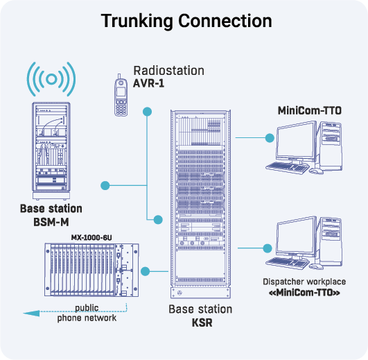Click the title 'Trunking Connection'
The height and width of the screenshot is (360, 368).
(186, 21)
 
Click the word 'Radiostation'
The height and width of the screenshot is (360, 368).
(168, 71)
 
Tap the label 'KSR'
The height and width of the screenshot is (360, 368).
(201, 323)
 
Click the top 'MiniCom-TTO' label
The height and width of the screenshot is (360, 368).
(310, 110)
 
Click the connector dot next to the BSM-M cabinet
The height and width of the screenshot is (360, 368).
(105, 185)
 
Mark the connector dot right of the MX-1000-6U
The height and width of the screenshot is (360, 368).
(146, 271)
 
